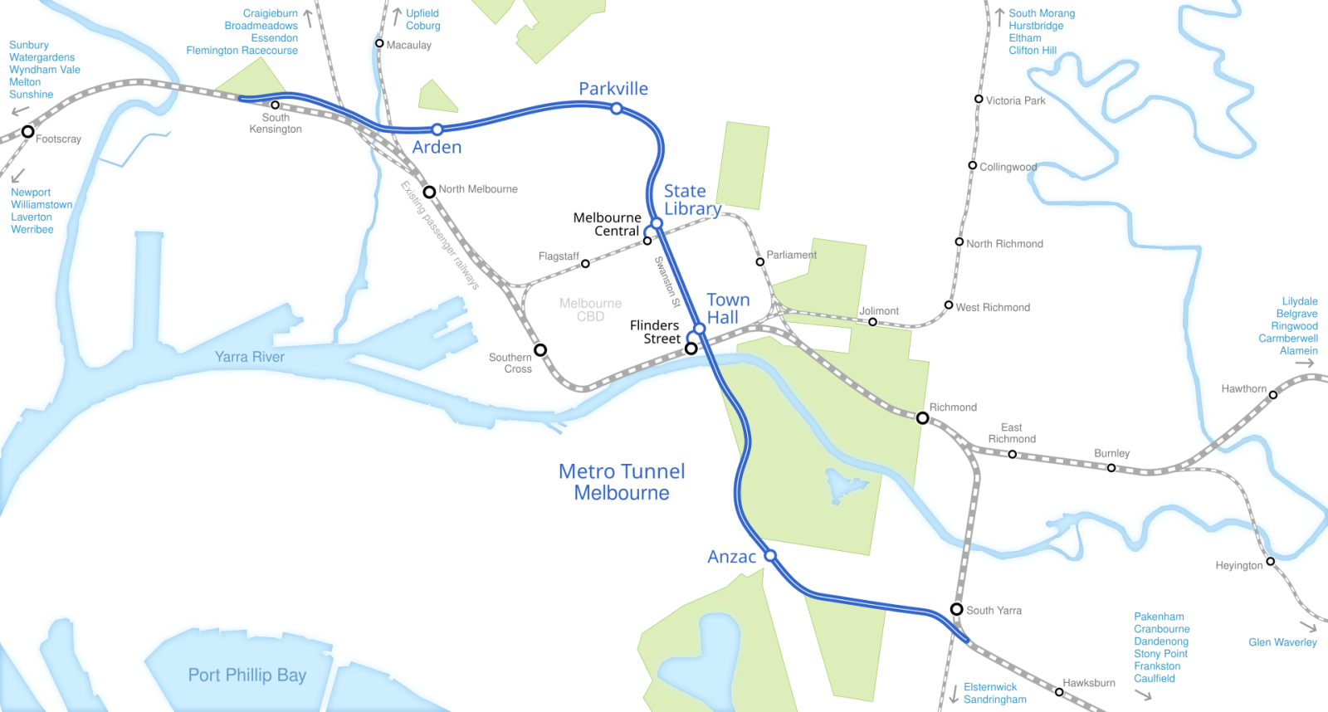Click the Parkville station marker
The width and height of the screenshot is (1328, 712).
click(x=617, y=109)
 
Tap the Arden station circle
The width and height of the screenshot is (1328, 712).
click(x=437, y=129)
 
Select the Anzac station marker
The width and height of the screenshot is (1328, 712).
click(x=770, y=555)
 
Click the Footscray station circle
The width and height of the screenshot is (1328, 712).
click(x=27, y=131)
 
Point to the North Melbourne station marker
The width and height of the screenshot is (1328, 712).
click(x=429, y=192)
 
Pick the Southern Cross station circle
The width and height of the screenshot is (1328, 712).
click(x=540, y=350)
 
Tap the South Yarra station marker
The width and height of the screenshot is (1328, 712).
click(x=956, y=609)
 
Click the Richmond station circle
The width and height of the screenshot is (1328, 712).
click(x=922, y=417)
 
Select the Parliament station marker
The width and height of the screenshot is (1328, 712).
click(x=759, y=261)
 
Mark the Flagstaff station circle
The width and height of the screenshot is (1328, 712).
click(x=585, y=264)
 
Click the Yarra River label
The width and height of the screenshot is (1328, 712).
click(x=249, y=357)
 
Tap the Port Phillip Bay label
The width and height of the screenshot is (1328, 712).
click(x=247, y=675)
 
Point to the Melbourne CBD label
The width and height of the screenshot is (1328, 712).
click(x=590, y=310)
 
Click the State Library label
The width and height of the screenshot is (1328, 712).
click(x=691, y=200)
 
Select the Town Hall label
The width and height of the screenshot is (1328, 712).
click(x=727, y=309)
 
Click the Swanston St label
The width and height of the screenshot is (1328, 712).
click(x=667, y=281)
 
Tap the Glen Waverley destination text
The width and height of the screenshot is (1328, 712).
click(x=1282, y=642)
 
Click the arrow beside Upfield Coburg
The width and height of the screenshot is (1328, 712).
click(x=397, y=15)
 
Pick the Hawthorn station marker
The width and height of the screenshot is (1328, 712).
click(x=1273, y=394)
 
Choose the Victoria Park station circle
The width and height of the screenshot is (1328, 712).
click(x=979, y=99)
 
